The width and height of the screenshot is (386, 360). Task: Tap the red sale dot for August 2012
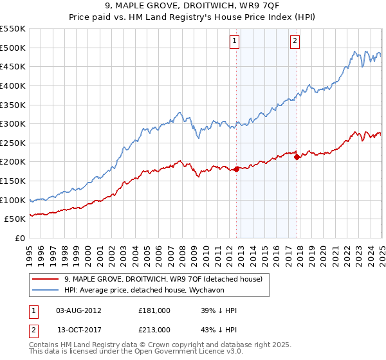coord(236,169)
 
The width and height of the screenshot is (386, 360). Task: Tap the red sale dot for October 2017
coord(297,157)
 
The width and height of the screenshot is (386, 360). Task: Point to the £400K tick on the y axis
coord(13,85)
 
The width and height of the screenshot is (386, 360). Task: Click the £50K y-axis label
coord(15,219)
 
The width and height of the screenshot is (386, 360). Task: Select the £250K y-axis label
coord(13,143)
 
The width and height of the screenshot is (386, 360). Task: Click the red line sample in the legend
coord(46,279)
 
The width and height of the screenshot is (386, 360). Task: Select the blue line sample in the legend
coord(46,290)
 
